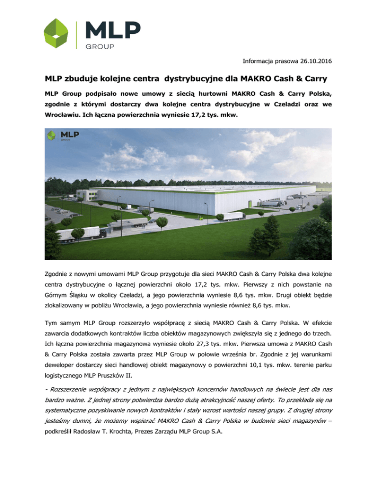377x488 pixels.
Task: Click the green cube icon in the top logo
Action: [59, 34]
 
